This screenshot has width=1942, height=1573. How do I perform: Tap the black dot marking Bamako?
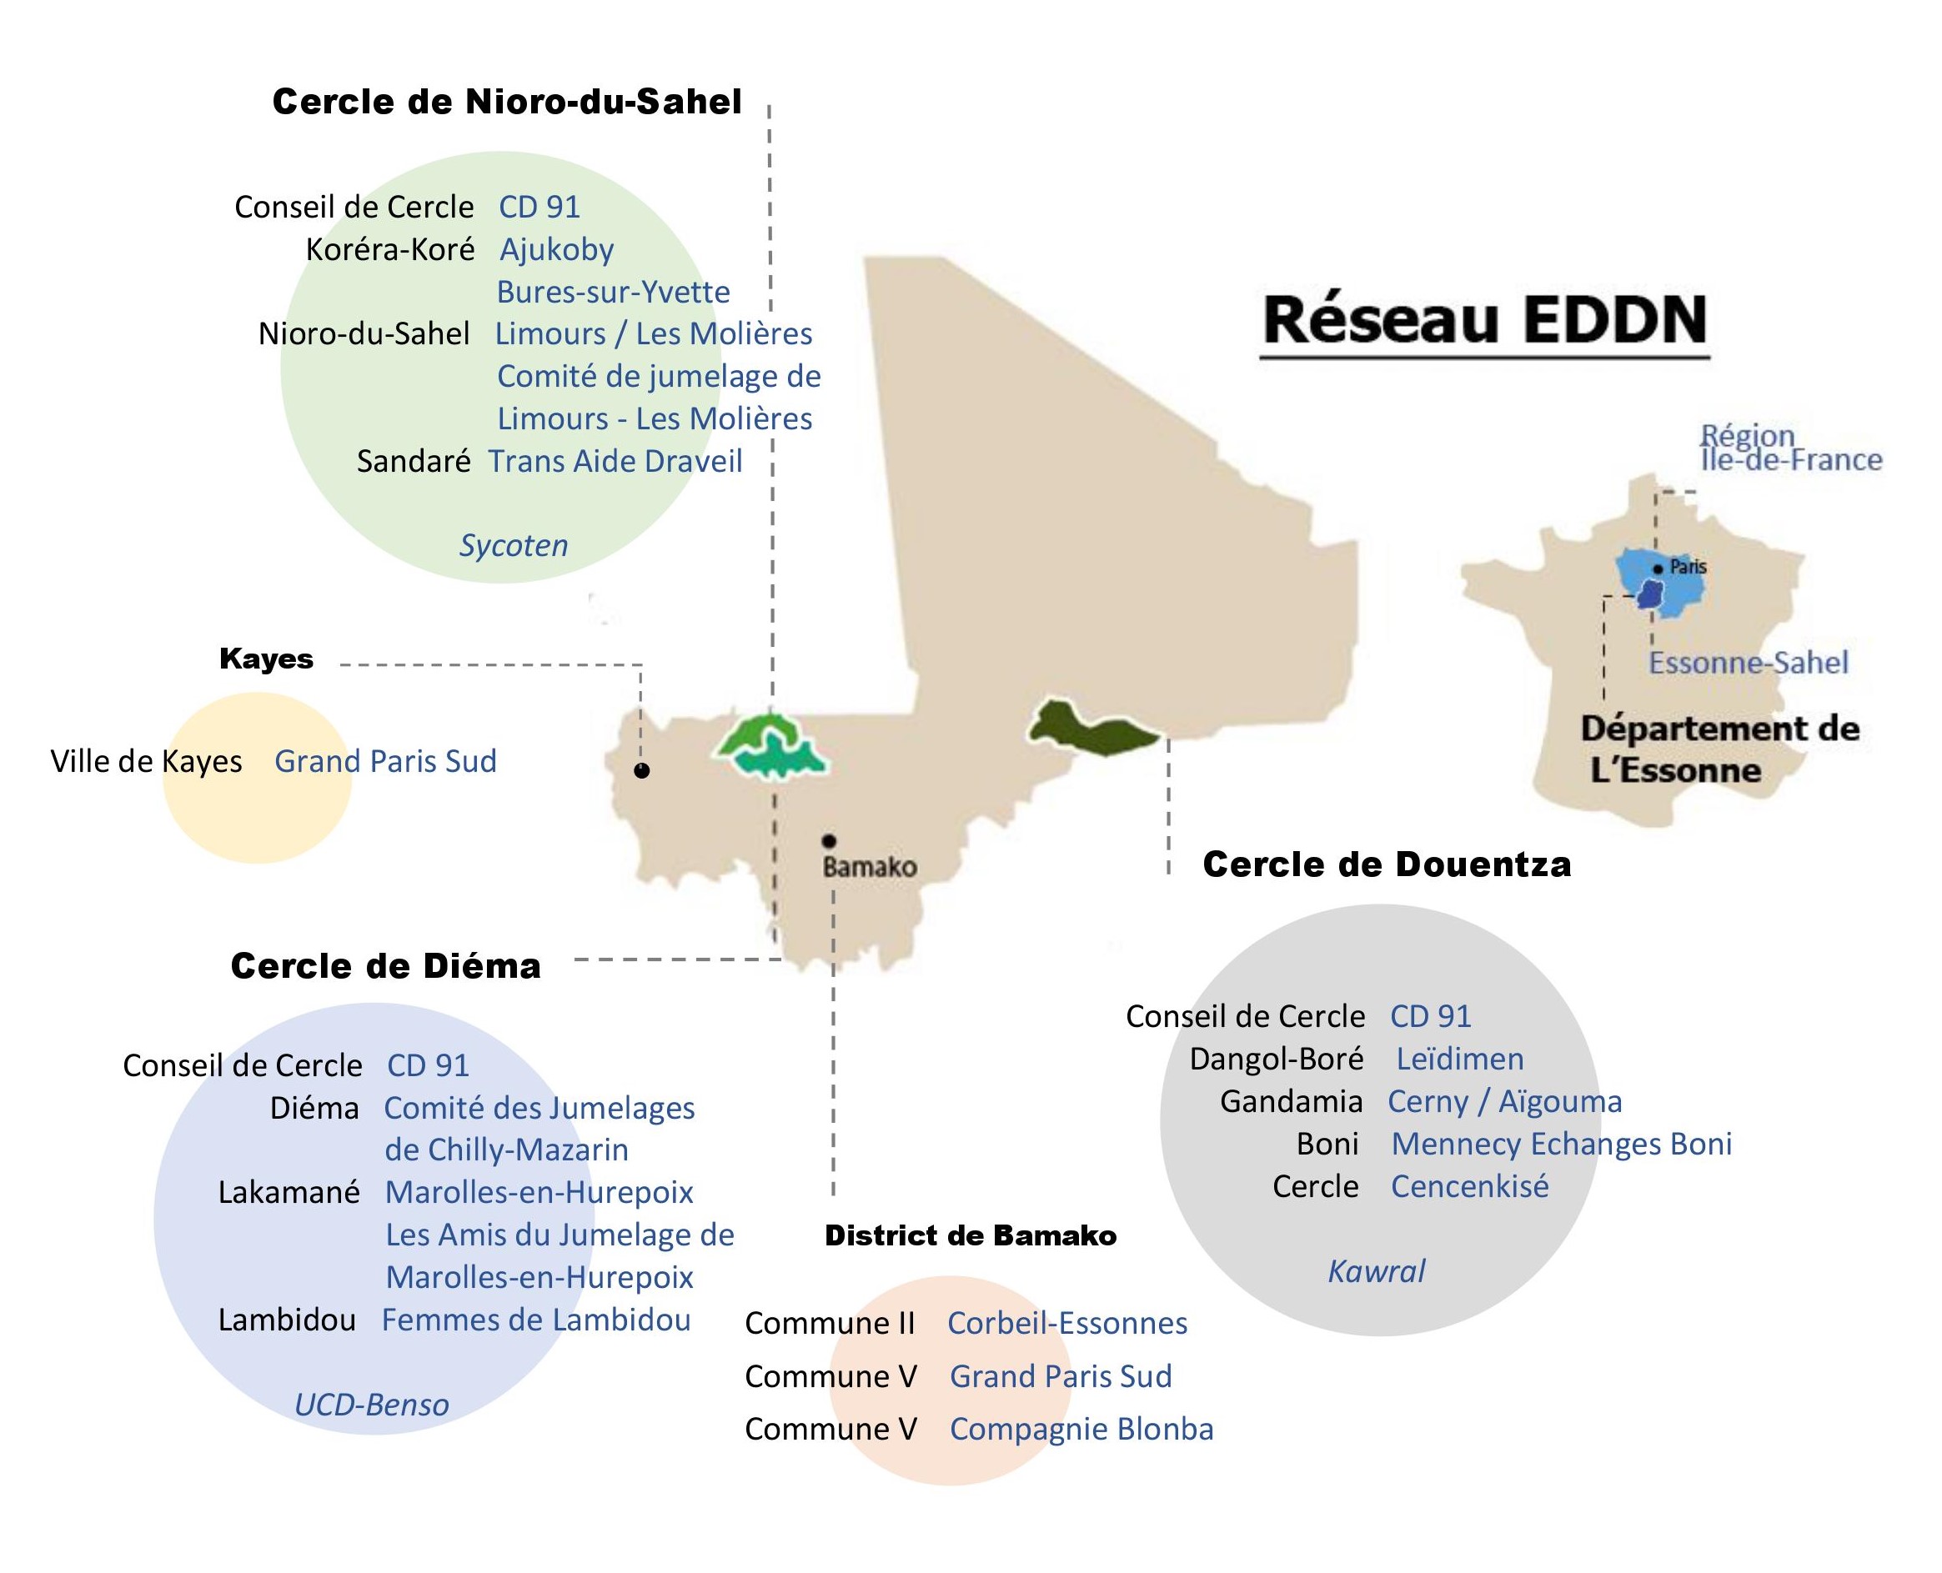[x=828, y=841]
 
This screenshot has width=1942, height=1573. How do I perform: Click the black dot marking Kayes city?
[x=641, y=771]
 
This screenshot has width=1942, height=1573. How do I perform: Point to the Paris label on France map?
[x=1688, y=567]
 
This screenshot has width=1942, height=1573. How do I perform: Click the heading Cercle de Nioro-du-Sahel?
[x=507, y=102]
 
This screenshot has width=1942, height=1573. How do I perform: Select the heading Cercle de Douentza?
[x=1387, y=864]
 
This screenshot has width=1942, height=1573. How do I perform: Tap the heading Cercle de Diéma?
[x=386, y=966]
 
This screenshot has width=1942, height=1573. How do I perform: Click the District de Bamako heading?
[x=971, y=1236]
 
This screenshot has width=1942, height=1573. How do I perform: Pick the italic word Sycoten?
[x=514, y=545]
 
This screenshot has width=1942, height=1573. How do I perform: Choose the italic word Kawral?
[x=1377, y=1271]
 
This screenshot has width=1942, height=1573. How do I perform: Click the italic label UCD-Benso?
[x=372, y=1405]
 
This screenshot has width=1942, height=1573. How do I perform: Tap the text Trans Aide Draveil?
[x=615, y=461]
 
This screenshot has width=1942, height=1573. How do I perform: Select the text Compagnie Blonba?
[x=1081, y=1429]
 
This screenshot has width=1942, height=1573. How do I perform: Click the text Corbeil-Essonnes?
[x=1067, y=1323]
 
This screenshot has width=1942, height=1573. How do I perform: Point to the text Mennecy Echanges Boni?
[x=1562, y=1144]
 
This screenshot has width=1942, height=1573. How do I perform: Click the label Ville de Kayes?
[x=147, y=761]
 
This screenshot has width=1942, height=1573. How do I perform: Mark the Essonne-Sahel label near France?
[x=1748, y=663]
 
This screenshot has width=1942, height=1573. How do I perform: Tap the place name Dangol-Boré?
[x=1276, y=1059]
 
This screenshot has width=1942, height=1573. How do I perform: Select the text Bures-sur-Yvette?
[x=614, y=292]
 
